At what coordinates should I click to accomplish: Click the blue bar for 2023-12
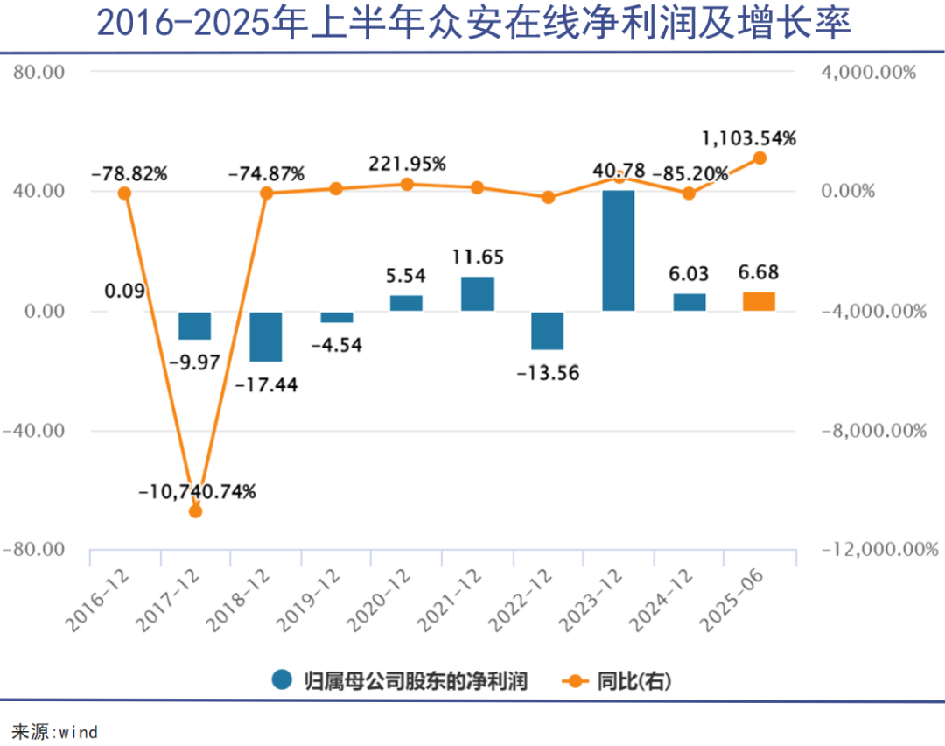618,250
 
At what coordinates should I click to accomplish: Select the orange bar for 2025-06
759,301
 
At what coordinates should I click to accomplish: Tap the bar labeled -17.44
265,336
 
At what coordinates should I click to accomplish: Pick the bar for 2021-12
478,293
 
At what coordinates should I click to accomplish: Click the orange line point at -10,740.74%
195,511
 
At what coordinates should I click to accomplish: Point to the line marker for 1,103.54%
759,158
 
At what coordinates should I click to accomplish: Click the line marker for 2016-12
124,193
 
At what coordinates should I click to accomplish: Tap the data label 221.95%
407,164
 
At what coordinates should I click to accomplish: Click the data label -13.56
548,372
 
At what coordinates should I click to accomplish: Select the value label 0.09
124,291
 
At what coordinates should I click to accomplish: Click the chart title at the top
472,25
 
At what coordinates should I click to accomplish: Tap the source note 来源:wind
54,731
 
